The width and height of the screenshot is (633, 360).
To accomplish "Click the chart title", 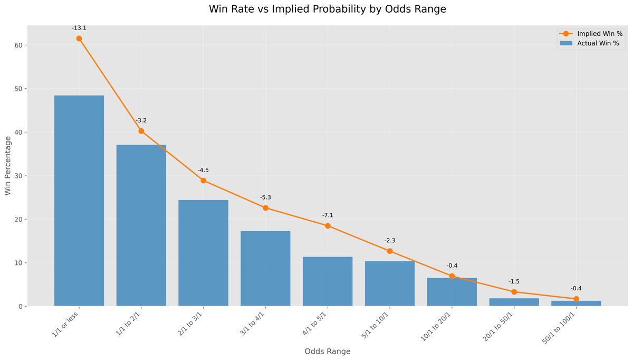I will (x=327, y=10).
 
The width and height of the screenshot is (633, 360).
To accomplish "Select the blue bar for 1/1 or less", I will (x=79, y=201).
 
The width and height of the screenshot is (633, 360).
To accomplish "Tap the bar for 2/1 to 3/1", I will (x=203, y=253).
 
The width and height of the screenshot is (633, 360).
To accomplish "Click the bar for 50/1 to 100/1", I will (x=576, y=304).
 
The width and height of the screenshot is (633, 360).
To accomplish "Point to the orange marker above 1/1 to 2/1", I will (x=141, y=131).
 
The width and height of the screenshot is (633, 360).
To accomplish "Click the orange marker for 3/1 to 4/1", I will (x=265, y=208).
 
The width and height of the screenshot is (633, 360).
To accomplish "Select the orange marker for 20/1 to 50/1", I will (x=514, y=292).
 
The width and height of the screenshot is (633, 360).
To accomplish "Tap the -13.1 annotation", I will (x=79, y=28).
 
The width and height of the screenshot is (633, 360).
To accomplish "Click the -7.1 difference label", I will (x=328, y=215).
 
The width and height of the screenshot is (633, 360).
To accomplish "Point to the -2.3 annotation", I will (x=390, y=241).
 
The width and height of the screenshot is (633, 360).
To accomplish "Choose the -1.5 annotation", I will (x=514, y=282).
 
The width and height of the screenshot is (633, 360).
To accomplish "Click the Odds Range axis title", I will (x=327, y=351).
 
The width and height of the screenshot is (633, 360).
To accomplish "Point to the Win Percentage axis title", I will (x=8, y=165).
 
